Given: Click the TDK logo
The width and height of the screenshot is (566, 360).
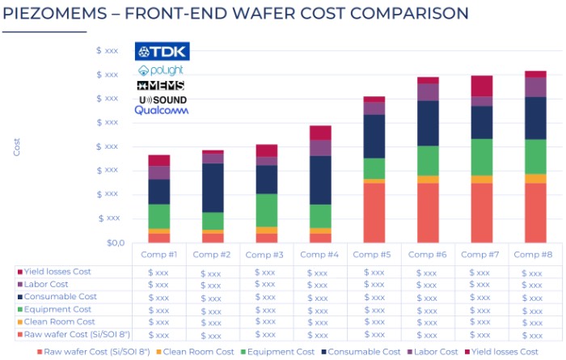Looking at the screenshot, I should coord(161,52).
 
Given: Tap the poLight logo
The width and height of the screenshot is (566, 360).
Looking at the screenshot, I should coord(161,70).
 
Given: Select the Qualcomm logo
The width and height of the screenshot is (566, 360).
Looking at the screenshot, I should coord(161,110).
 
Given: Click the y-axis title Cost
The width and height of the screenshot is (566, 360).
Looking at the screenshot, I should coord(17,146).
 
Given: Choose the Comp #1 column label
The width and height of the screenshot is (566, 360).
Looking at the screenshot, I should coord(158,255).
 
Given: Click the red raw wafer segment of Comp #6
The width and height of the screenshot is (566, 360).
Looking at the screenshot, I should coord(428,213).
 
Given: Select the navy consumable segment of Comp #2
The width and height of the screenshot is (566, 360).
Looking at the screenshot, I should coord(213,188).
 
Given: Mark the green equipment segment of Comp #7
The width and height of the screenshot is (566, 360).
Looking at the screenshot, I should coord(482,157).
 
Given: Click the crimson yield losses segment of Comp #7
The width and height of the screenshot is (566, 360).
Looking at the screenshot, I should coord(482,86).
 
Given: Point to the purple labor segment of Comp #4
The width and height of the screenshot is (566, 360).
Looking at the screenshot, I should coord(320,147).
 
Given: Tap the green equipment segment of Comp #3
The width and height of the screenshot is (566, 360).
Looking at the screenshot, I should coord(266,210).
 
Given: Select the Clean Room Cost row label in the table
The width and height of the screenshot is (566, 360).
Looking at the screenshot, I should coord(61,322).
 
